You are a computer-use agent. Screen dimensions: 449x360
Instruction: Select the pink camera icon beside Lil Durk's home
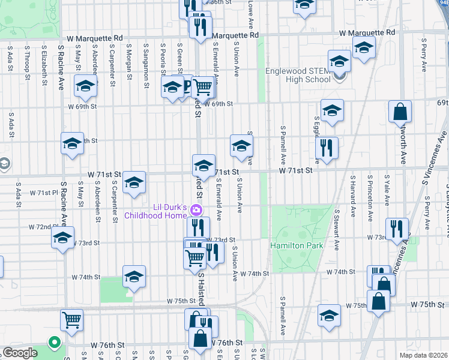(195, 210)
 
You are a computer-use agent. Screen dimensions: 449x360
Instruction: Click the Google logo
(20, 352)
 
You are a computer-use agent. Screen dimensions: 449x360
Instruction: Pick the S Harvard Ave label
(354, 196)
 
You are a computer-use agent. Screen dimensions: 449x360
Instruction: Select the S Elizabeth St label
(44, 65)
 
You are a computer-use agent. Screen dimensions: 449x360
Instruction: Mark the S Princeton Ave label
(370, 196)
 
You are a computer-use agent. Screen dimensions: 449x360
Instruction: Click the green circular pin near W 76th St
(55, 343)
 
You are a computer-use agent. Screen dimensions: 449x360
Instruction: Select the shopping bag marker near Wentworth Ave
(399, 112)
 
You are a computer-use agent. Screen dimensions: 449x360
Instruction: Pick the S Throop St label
(27, 65)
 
